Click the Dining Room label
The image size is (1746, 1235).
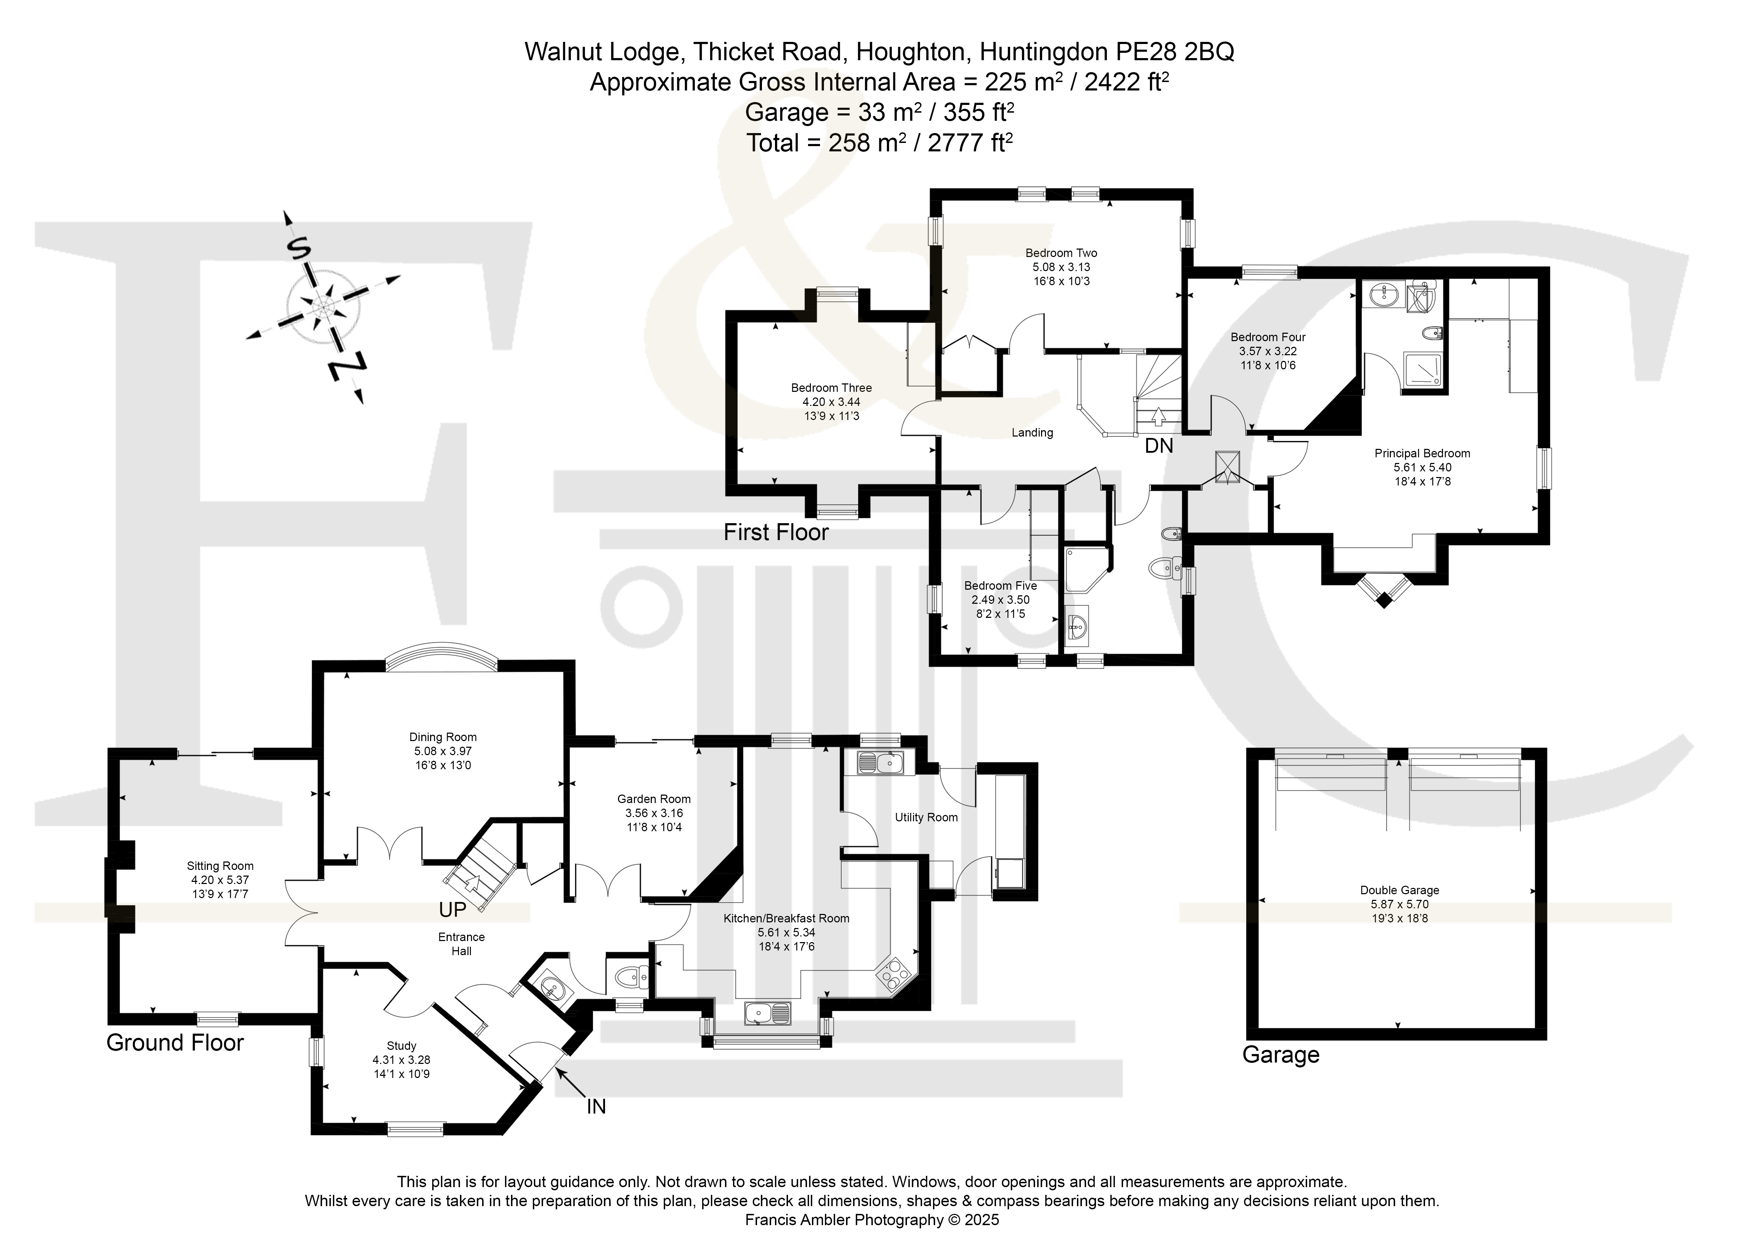pos(443,737)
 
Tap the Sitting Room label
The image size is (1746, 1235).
pos(220,866)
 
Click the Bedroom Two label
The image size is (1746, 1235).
pos(1061,253)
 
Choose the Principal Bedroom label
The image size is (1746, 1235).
pos(1422,453)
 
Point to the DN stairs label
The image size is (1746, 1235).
pos(1159,446)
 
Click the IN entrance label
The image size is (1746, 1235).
pos(596,1107)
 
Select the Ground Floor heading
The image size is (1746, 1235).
pos(175,1042)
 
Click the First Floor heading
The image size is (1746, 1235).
pos(776,532)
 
